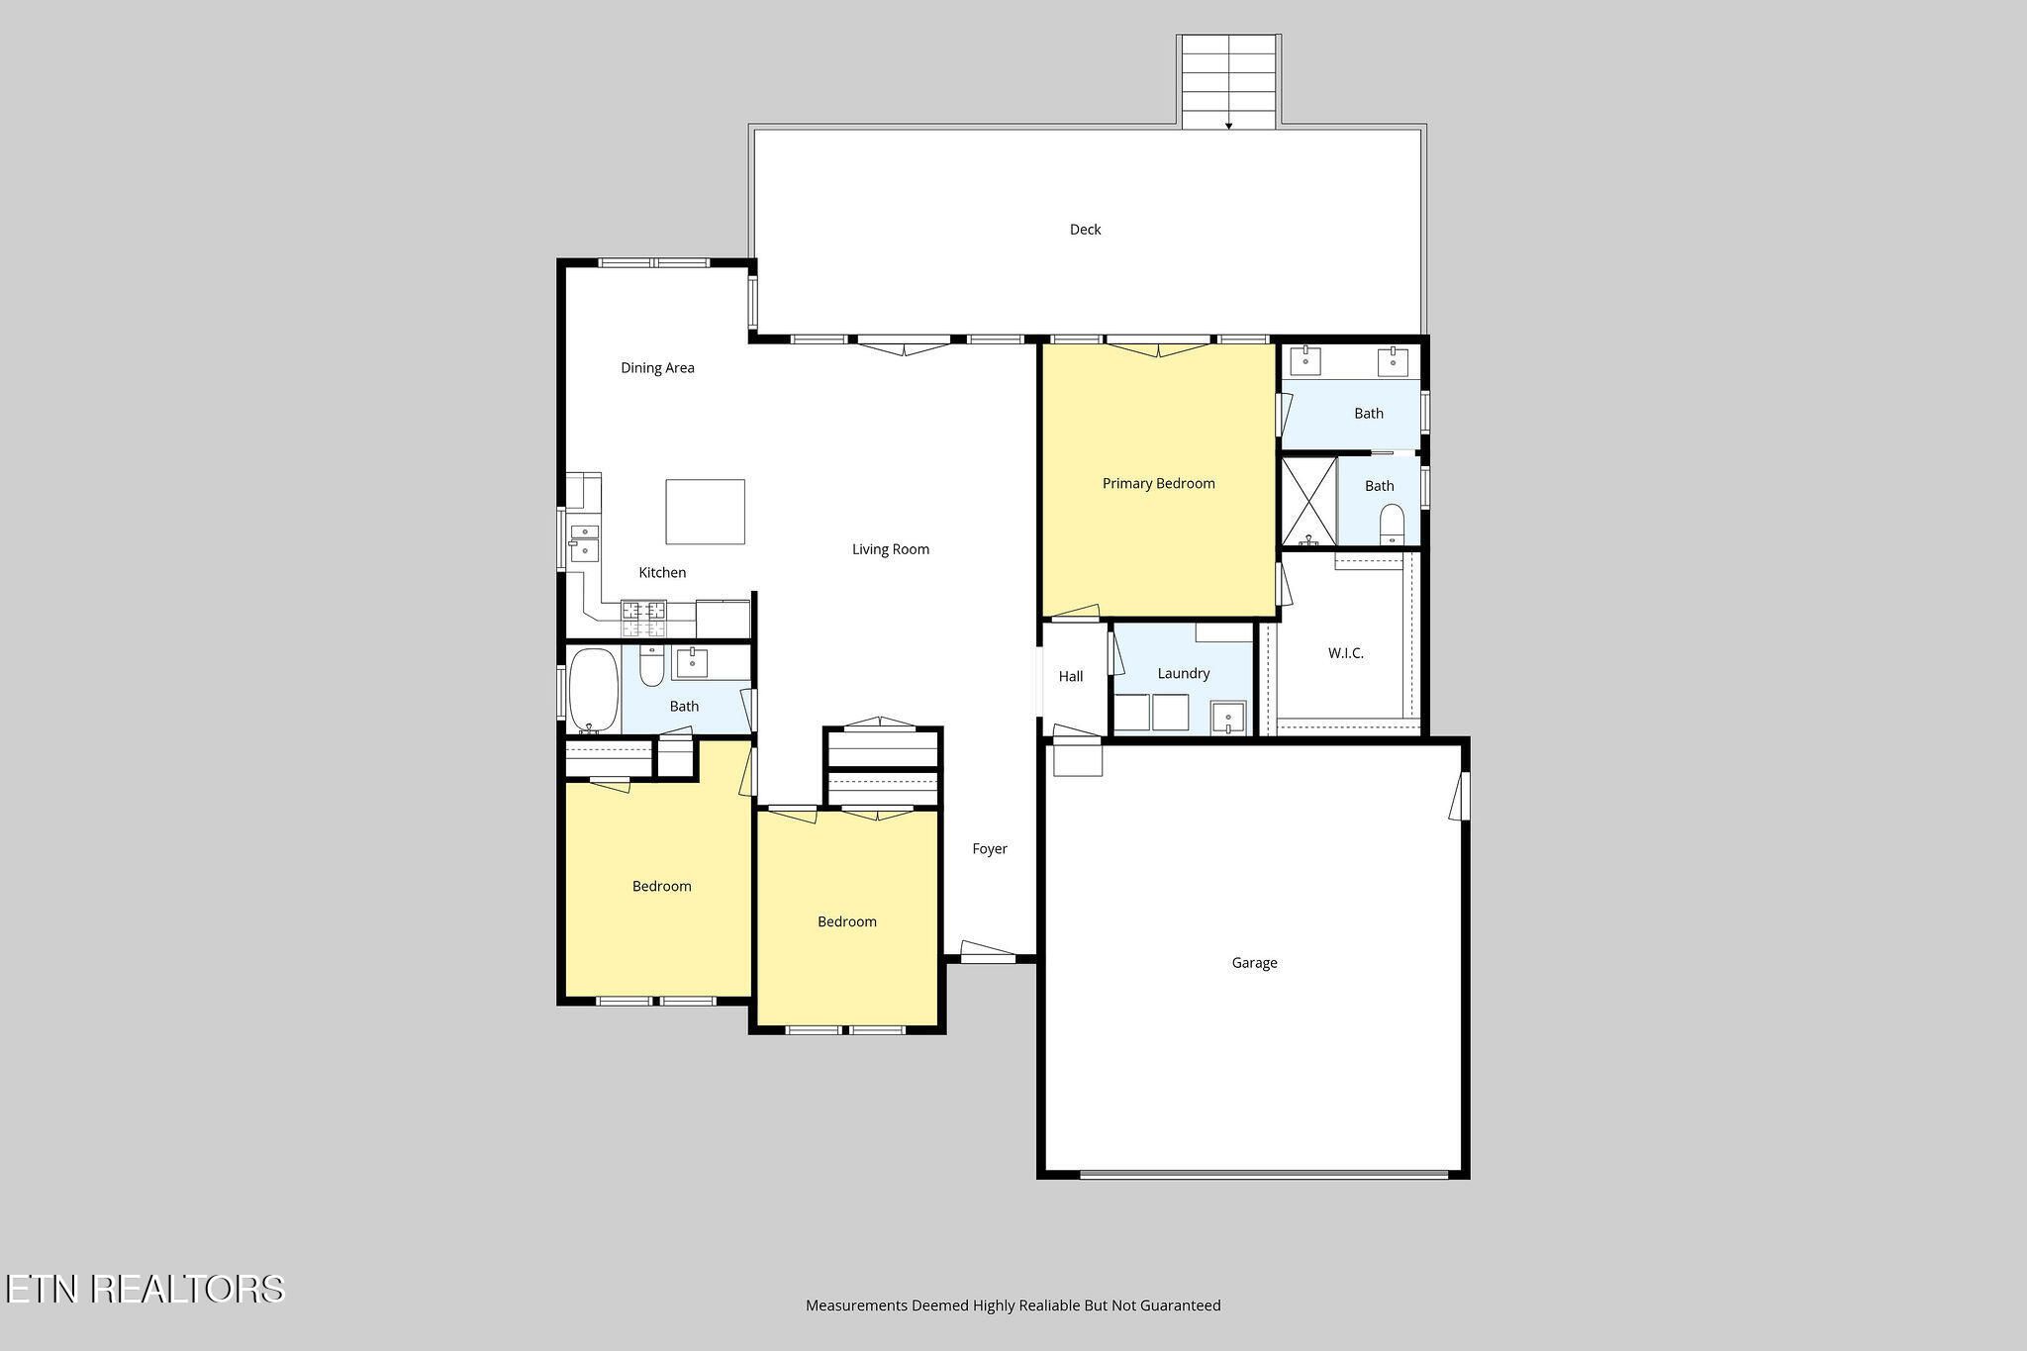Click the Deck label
[1085, 230]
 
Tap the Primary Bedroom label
[1158, 484]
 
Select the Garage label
[1254, 963]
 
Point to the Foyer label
[990, 849]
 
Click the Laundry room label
[1184, 674]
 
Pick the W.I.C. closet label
[1345, 653]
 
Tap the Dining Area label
[657, 368]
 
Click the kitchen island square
[705, 512]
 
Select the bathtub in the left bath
[594, 691]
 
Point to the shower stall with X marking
[1308, 501]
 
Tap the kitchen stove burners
[643, 619]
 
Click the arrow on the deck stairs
[1228, 126]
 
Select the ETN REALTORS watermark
[145, 1289]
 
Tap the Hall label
[1071, 677]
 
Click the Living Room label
[891, 550]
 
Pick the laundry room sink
[1228, 718]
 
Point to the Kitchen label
[662, 573]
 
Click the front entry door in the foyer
[989, 952]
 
